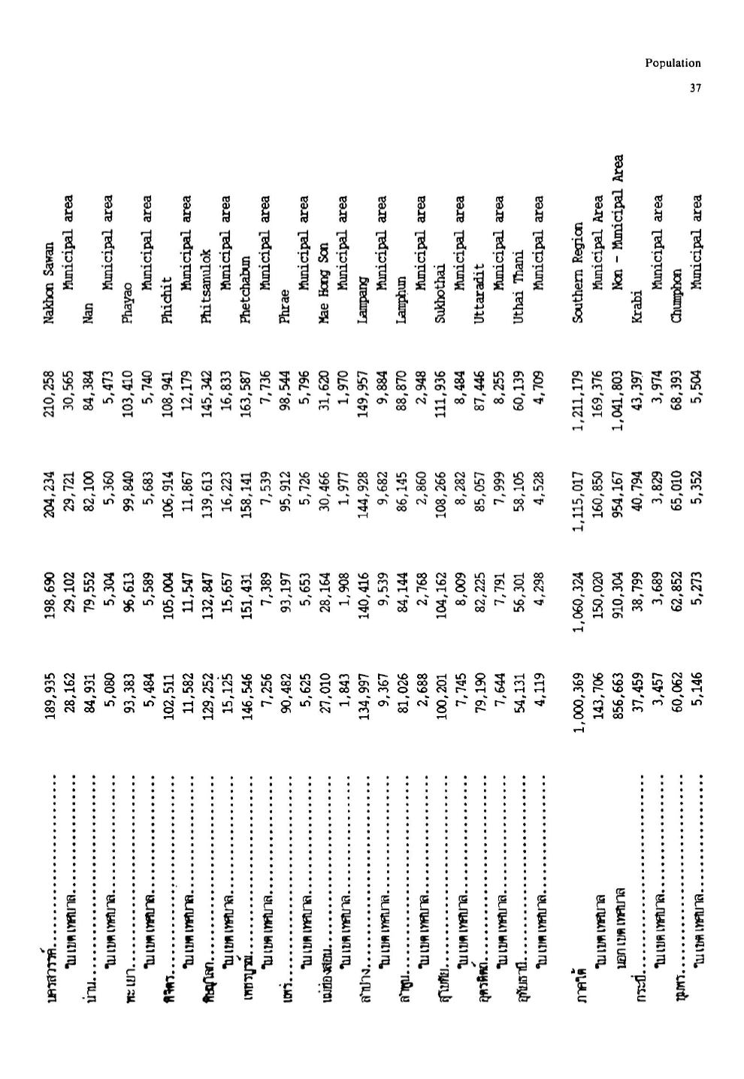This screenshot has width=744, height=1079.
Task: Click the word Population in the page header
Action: [x=673, y=64]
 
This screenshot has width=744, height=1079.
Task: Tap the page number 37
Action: [x=695, y=89]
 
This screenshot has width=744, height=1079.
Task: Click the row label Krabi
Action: [x=637, y=309]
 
